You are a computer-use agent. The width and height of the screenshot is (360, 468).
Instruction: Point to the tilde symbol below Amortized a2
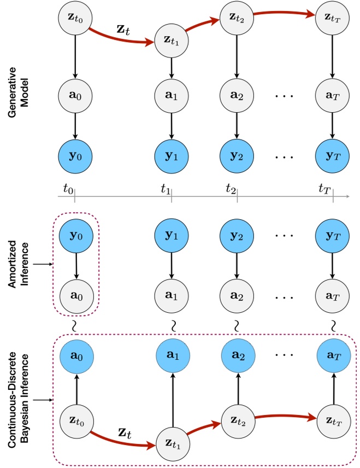click(237, 326)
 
